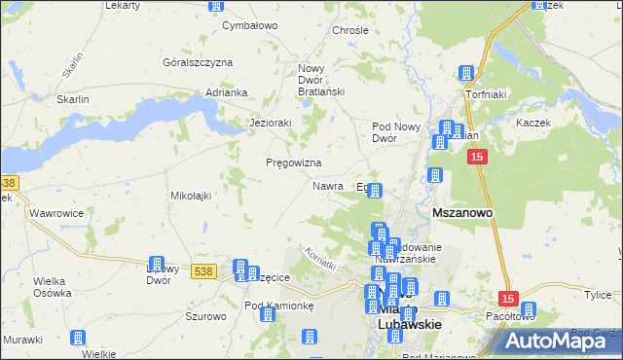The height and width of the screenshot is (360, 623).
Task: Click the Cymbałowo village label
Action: (251, 25)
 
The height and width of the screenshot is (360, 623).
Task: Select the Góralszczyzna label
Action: (198, 62)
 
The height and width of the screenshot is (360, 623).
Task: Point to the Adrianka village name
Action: (227, 92)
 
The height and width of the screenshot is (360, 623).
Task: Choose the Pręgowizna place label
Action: (294, 162)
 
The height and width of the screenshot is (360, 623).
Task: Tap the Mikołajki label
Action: (191, 196)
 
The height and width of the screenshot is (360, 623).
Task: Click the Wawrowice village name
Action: (55, 211)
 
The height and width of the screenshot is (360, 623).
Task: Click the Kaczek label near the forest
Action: (534, 124)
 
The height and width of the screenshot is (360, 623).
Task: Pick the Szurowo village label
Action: (205, 316)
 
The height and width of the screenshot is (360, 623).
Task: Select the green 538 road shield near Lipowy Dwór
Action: (202, 271)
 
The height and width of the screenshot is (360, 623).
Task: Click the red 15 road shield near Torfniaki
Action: (476, 157)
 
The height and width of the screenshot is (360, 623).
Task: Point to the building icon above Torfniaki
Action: (466, 73)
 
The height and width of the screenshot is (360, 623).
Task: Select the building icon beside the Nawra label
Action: (374, 191)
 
